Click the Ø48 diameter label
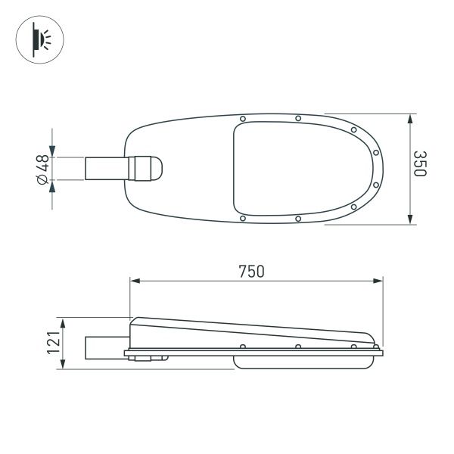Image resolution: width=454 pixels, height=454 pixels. pyautogui.click(x=42, y=168)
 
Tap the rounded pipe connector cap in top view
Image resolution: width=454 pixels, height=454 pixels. pyautogui.click(x=150, y=169)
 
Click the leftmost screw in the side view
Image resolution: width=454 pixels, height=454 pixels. pyautogui.click(x=241, y=347)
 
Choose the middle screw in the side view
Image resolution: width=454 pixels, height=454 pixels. pyautogui.click(x=298, y=347)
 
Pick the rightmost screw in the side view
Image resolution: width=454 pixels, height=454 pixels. pyautogui.click(x=353, y=347)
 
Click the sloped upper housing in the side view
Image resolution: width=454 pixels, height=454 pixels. pyautogui.click(x=250, y=331)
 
